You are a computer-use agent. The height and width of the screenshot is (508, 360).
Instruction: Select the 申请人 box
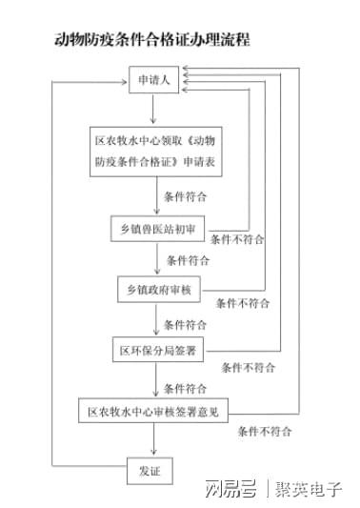pos(154,83)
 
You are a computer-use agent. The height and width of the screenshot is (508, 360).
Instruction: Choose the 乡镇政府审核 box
pos(158,290)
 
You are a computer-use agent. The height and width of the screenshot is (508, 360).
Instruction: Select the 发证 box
pos(151,471)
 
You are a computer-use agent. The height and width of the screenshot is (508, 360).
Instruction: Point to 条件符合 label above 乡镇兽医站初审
pos(186,195)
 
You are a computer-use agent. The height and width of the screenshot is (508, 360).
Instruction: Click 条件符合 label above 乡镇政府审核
pos(188,259)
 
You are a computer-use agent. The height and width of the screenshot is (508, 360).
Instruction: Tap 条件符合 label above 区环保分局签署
pos(188,321)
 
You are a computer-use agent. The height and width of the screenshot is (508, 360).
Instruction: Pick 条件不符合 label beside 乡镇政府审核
pos(243,303)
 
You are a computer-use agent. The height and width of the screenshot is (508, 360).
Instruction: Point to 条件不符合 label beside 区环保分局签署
pos(249,366)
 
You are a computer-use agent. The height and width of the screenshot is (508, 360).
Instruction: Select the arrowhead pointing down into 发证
pos(153,453)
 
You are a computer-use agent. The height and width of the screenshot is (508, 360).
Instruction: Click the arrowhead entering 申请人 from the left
pos(123,84)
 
